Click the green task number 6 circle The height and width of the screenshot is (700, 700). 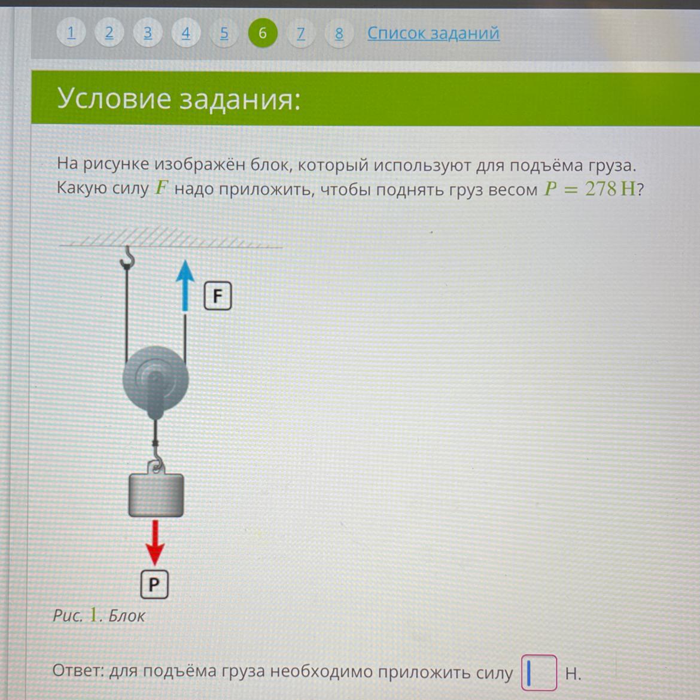click(x=263, y=33)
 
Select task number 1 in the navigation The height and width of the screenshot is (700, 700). click(x=71, y=33)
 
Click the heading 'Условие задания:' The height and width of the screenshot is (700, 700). click(x=178, y=99)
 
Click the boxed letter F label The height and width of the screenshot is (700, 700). click(x=218, y=296)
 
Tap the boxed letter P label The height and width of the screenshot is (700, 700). click(x=154, y=585)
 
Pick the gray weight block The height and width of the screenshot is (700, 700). click(x=156, y=495)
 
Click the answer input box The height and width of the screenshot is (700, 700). click(x=539, y=672)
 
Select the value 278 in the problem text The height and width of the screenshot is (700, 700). click(x=601, y=189)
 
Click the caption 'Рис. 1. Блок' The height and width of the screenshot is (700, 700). click(x=99, y=615)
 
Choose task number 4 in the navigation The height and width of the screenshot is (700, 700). click(x=185, y=33)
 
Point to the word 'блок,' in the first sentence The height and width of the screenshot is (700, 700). click(x=270, y=165)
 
